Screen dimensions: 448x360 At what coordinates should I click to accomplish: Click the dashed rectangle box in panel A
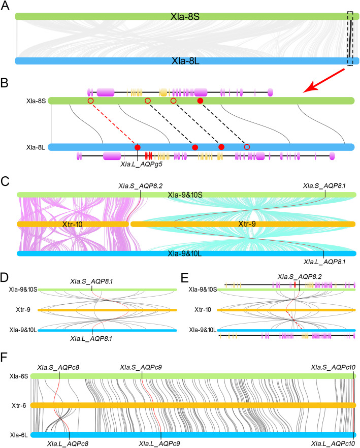[350, 38]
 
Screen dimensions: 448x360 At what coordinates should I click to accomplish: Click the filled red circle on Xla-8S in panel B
[200, 102]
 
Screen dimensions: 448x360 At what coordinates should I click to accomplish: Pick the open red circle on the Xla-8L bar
[247, 147]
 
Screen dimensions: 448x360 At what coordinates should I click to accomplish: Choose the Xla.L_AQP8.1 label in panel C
[323, 262]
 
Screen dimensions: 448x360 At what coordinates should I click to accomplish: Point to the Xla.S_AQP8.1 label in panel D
[92, 281]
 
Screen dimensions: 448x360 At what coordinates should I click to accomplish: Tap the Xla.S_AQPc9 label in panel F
[141, 367]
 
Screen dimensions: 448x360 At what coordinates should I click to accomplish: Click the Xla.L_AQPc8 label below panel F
[69, 443]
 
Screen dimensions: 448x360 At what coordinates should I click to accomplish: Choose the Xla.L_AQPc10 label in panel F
[333, 443]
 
